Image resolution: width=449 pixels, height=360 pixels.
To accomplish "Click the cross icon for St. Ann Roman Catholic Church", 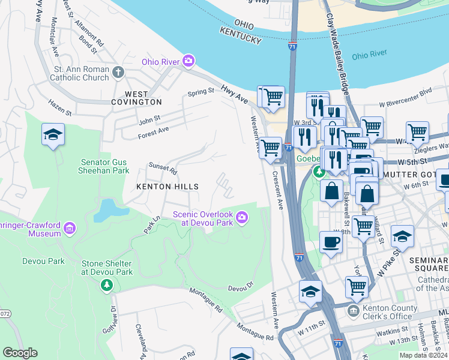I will (x=118, y=73).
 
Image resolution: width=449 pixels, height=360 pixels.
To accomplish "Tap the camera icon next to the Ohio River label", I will (x=189, y=61).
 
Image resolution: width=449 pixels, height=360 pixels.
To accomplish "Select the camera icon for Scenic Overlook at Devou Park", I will (x=242, y=218).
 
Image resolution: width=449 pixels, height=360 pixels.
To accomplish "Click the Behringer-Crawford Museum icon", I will (x=69, y=228).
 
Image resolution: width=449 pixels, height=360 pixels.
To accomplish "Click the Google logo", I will (x=20, y=353).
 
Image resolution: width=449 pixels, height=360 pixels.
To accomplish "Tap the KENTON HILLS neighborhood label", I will (x=167, y=187).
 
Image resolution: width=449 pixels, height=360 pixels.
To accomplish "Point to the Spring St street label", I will (x=200, y=92).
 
